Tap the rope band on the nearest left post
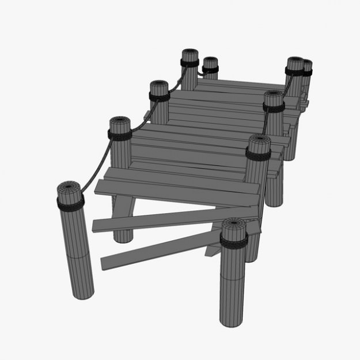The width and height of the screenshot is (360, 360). (x=70, y=201)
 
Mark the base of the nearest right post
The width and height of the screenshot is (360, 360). (x=233, y=320)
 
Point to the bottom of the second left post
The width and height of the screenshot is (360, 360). (x=123, y=236)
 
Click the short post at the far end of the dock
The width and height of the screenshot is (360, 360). (x=210, y=65)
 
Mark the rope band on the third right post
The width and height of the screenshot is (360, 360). (x=274, y=108)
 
